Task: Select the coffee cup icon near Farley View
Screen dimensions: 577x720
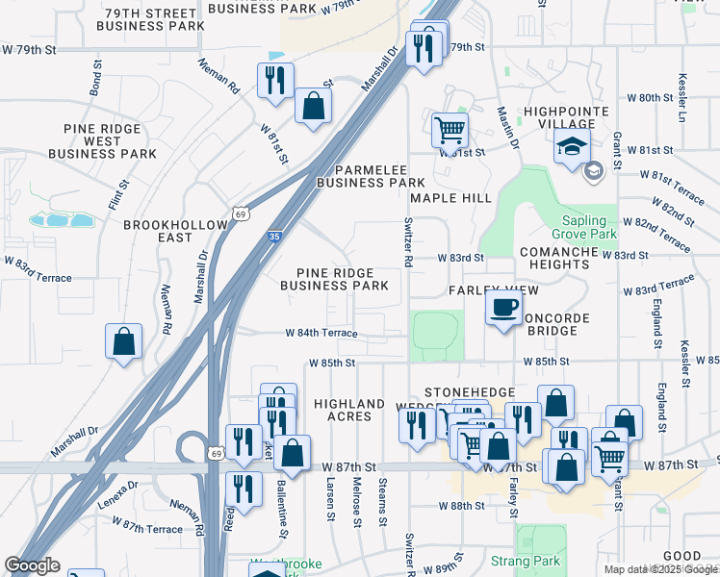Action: tap(504, 309)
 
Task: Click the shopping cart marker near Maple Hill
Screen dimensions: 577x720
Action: tap(449, 129)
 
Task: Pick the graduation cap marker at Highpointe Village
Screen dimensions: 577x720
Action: tap(572, 148)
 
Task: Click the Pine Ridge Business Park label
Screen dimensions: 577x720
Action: tap(334, 279)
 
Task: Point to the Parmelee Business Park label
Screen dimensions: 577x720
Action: tap(371, 174)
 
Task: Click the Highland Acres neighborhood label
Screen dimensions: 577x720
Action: tap(349, 411)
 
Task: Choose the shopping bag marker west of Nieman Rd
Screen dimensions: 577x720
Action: tap(124, 341)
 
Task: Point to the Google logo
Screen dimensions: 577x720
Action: tap(33, 565)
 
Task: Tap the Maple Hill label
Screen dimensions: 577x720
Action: tap(450, 198)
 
